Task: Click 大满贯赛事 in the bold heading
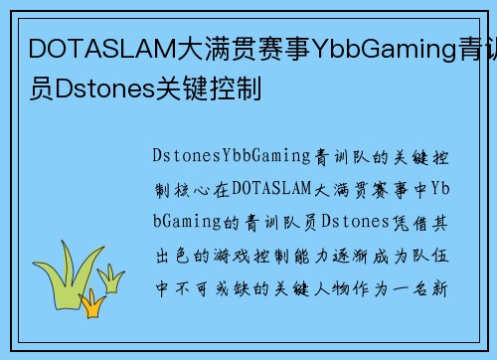pyautogui.click(x=213, y=47)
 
